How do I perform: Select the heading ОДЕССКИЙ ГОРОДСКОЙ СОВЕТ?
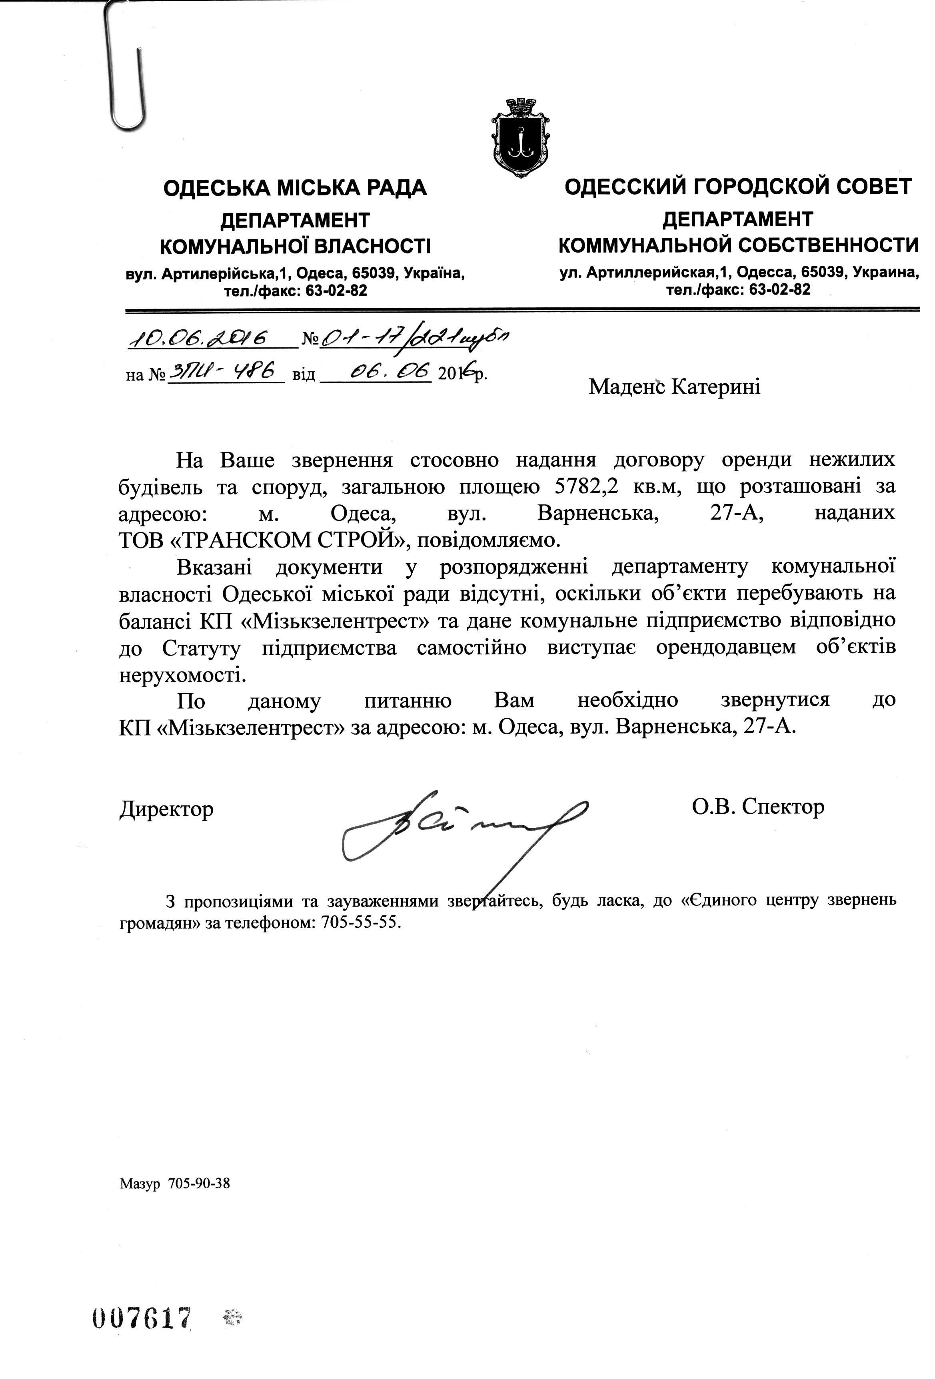(737, 187)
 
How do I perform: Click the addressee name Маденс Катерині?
(674, 387)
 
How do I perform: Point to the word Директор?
(167, 809)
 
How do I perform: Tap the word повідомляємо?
(492, 540)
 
